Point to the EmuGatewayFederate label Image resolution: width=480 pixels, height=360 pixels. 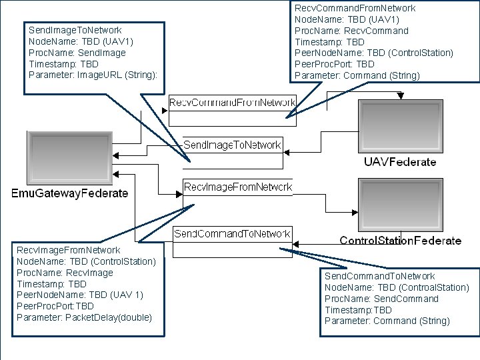pos(70,193)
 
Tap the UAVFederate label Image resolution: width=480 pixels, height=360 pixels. pos(400,162)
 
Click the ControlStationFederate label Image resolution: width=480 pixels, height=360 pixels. pos(400,241)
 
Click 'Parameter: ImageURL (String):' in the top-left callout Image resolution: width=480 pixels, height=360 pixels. pos(93,75)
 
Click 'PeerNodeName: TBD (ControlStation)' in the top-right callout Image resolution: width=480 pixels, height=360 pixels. pos(374,53)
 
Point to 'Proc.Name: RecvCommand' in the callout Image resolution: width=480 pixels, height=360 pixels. pos(351,31)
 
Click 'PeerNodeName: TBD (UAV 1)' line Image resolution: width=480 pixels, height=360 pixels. pos(79,295)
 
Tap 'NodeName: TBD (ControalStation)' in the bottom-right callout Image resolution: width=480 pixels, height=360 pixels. pos(397,287)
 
